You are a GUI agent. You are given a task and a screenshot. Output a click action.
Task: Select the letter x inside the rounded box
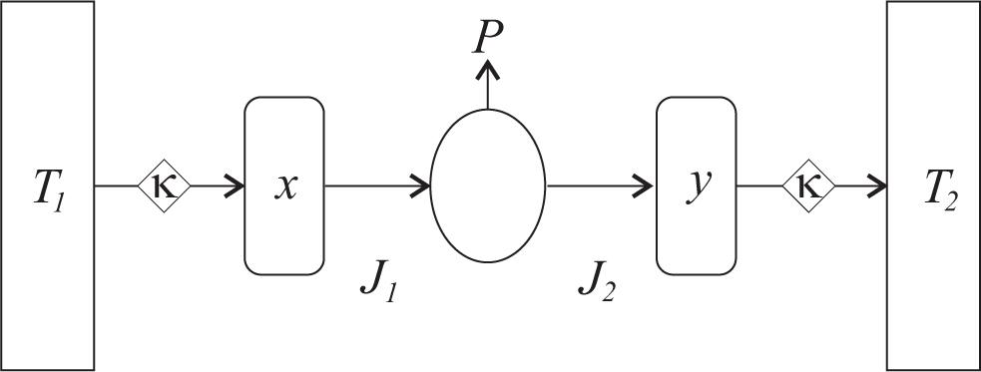tap(284, 186)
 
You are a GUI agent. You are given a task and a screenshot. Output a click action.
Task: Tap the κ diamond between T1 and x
tap(164, 186)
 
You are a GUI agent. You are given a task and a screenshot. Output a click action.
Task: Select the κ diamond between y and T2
tap(808, 186)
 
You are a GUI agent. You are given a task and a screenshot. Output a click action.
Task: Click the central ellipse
tap(488, 186)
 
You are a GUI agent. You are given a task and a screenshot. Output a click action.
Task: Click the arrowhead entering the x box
tap(237, 186)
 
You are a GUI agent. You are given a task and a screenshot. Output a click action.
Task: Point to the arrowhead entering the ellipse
tap(423, 186)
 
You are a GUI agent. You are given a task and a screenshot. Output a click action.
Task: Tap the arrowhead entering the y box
tap(648, 186)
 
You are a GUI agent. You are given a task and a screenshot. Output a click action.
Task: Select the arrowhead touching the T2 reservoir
tap(878, 186)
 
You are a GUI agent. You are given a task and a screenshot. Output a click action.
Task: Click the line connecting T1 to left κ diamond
tap(115, 186)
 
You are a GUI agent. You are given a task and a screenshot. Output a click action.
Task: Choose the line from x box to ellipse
tap(369, 186)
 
